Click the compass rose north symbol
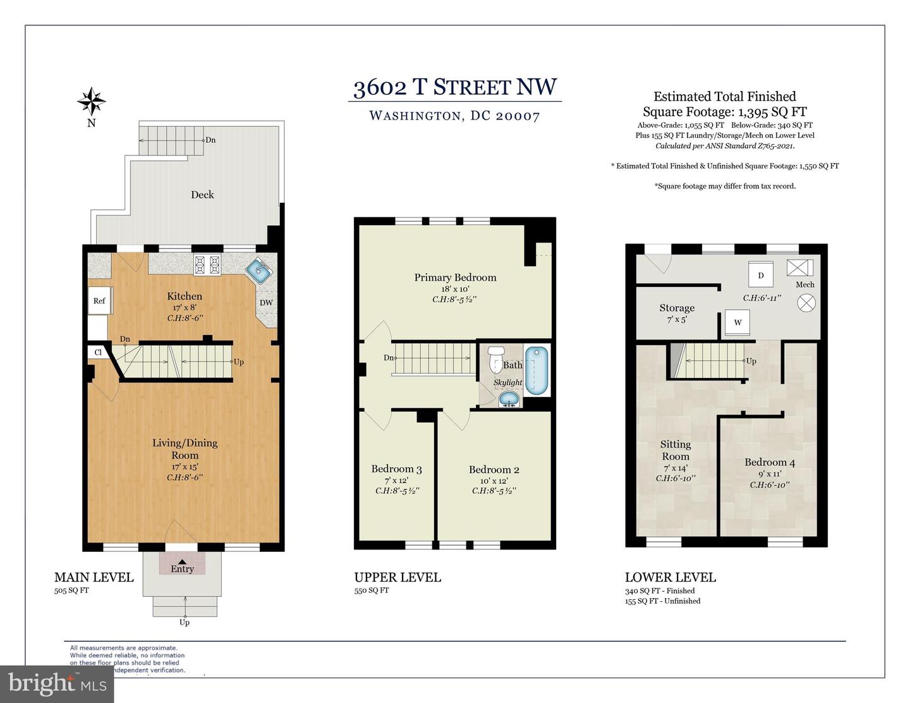point(92,101)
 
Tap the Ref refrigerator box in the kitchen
point(99,301)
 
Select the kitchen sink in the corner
point(260,271)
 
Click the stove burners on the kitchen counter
point(207,264)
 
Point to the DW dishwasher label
point(266,303)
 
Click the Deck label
point(202,195)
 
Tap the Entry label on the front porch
point(182,568)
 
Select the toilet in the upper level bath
point(496,358)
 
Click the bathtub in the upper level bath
point(537,370)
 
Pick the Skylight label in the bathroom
point(507,382)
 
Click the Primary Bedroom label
point(455,278)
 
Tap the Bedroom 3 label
point(396,469)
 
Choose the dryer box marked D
point(761,275)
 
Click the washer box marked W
point(737,322)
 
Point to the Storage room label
point(677,308)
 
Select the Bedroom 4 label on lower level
point(770,462)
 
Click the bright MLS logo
point(57,683)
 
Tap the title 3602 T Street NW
point(455,87)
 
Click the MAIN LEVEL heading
point(94,577)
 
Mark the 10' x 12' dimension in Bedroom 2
point(494,480)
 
